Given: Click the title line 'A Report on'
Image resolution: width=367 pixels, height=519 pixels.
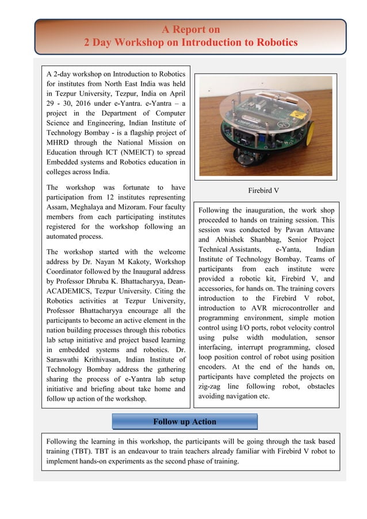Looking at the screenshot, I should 190,29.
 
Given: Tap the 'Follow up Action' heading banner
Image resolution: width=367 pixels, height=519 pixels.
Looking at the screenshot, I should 184,422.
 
